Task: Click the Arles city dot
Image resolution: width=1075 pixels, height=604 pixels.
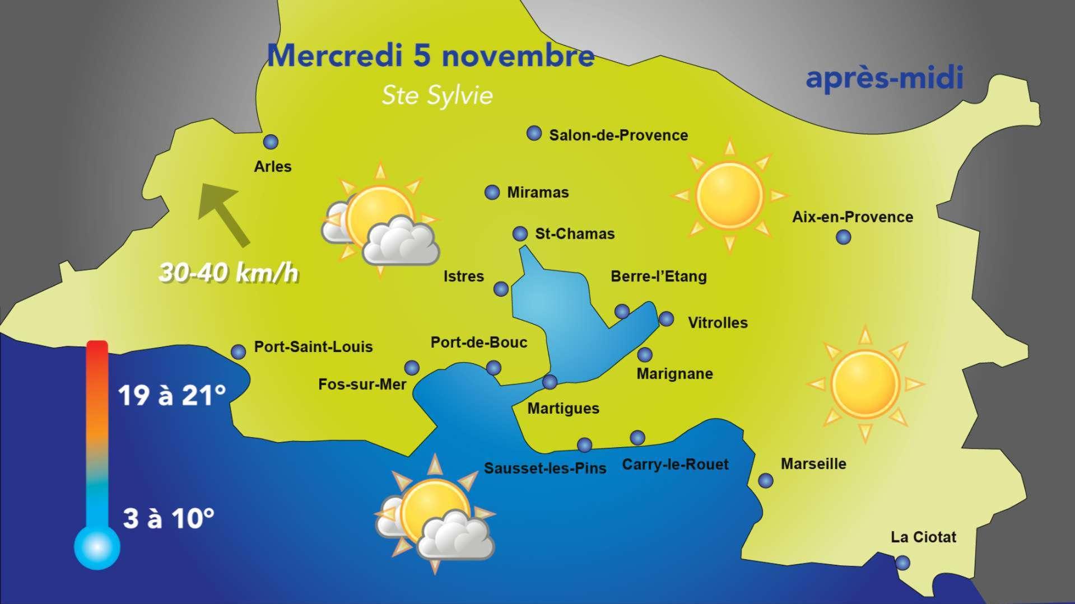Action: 271,142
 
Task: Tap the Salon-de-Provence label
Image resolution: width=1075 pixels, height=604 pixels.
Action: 618,135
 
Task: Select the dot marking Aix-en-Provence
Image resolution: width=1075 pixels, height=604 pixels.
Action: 843,237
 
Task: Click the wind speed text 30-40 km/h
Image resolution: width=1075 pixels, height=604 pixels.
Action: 229,274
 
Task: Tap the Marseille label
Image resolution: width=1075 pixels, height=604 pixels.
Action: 813,463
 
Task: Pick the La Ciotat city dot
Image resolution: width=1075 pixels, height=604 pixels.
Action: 902,563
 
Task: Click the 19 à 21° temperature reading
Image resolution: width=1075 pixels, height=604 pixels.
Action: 172,396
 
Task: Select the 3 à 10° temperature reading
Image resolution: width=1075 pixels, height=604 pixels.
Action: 168,518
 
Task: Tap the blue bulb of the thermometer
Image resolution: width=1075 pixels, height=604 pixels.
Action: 97,547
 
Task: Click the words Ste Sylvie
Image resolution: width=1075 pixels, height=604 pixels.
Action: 437,96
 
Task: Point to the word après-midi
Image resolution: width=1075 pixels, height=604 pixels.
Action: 884,78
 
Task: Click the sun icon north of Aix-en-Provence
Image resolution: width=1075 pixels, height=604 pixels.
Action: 729,195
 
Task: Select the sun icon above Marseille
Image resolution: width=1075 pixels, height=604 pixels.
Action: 865,384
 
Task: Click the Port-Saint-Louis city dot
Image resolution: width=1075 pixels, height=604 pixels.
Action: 239,352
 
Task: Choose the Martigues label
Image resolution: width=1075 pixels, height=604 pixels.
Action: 563,409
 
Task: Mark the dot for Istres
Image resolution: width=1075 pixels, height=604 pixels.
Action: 501,289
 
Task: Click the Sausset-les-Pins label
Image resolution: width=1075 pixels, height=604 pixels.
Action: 545,469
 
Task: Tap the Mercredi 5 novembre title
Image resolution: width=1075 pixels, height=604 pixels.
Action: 430,56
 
